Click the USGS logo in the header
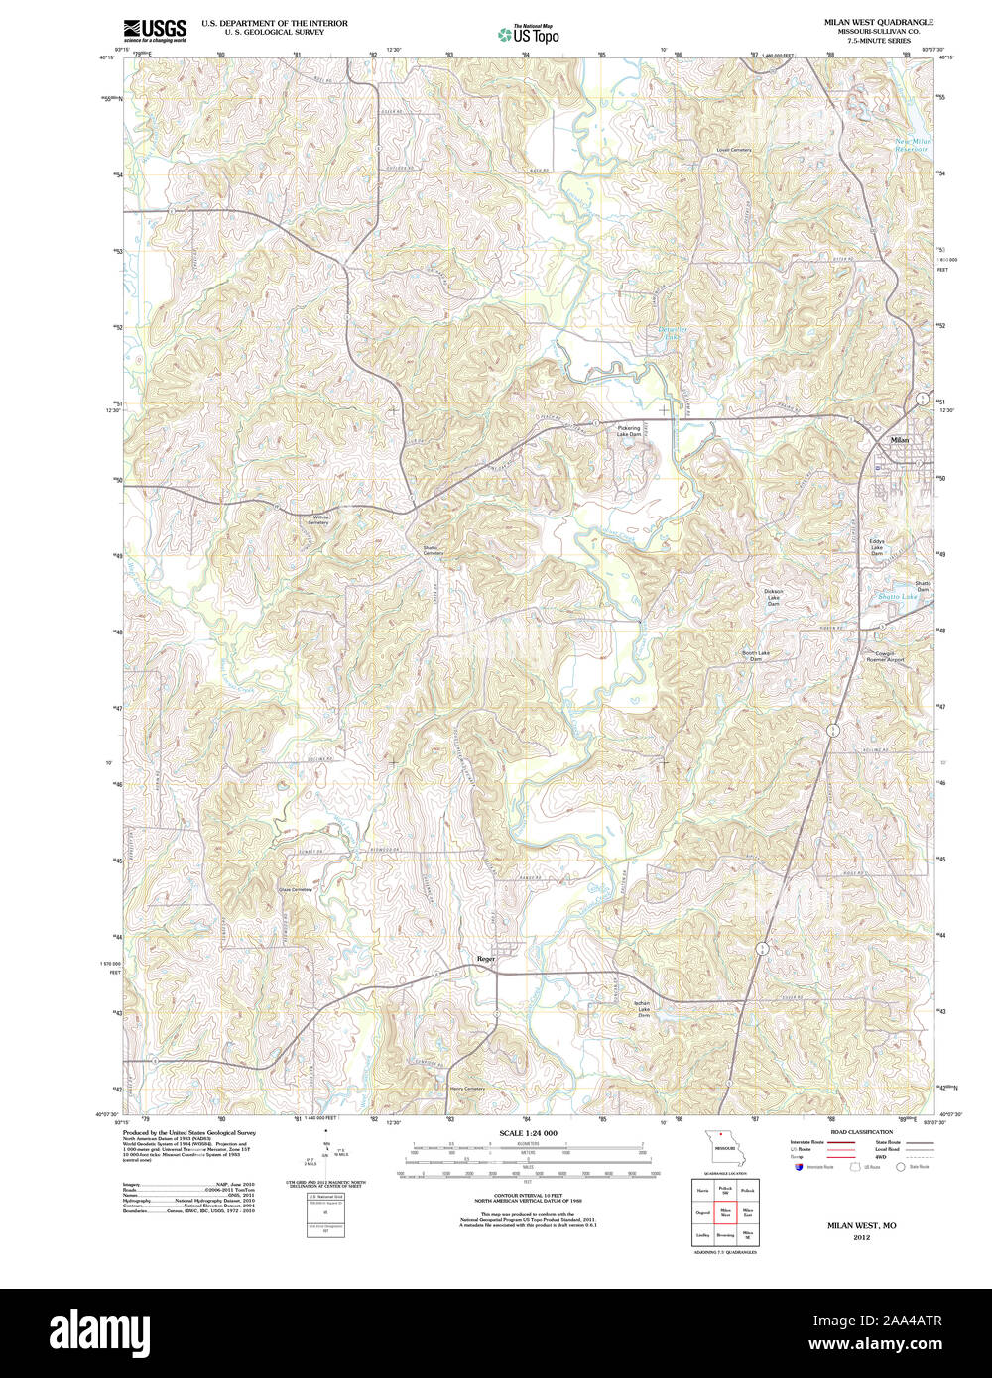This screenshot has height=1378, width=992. (154, 29)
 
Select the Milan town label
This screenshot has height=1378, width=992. (899, 439)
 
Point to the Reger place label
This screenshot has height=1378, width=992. (485, 958)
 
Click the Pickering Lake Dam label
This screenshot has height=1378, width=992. (629, 431)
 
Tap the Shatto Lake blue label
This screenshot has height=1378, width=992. (898, 597)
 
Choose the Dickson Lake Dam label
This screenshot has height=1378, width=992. (773, 597)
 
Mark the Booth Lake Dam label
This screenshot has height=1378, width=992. (763, 656)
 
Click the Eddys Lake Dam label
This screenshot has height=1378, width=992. (876, 547)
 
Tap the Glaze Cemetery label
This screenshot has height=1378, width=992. (295, 890)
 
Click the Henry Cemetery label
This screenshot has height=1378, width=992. (467, 1089)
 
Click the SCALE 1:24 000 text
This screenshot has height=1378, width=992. (529, 1133)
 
